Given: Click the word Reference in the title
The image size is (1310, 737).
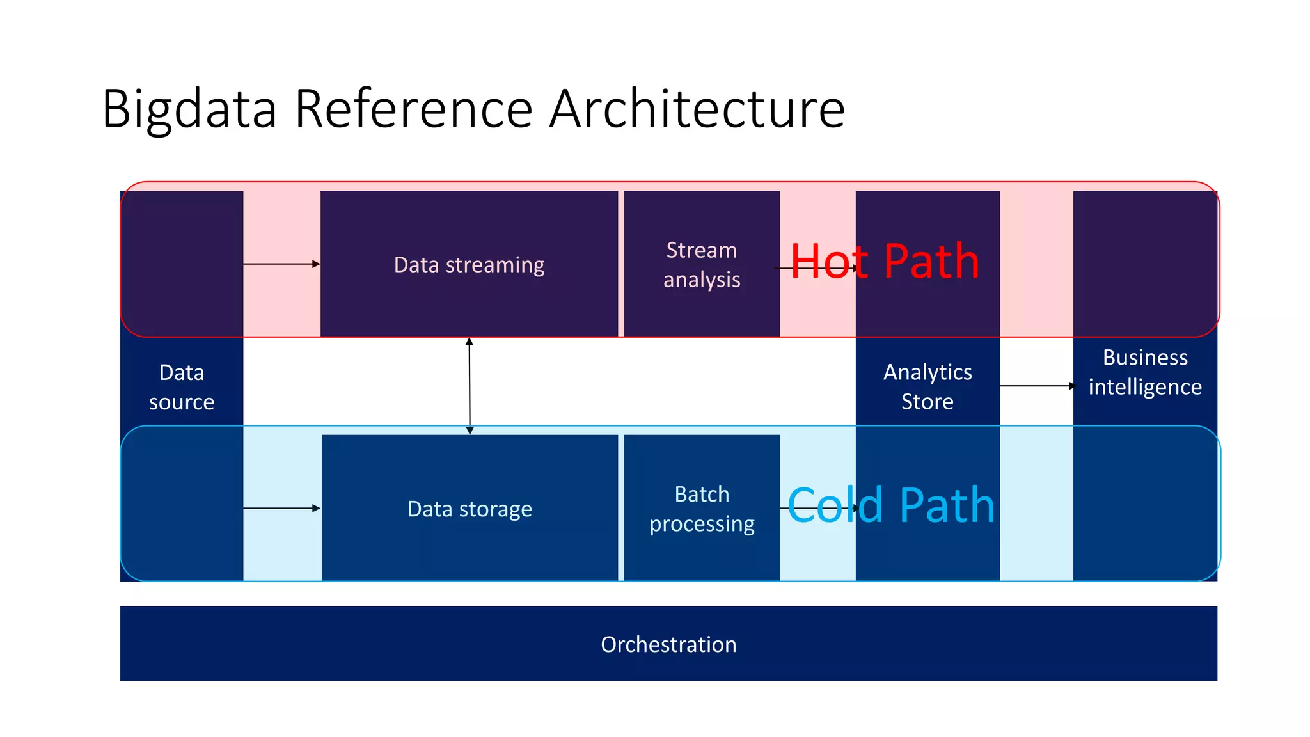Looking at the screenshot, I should pyautogui.click(x=413, y=109).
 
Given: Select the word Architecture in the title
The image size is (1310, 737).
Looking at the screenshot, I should pyautogui.click(x=697, y=109).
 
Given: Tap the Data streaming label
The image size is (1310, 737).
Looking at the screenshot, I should pyautogui.click(x=469, y=265).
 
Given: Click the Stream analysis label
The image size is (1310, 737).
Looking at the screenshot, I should pyautogui.click(x=702, y=265).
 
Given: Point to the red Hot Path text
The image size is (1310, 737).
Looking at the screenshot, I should pyautogui.click(x=885, y=262).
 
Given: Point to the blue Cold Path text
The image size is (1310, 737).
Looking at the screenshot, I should pyautogui.click(x=891, y=506).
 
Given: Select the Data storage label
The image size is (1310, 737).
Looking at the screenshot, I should pyautogui.click(x=470, y=509).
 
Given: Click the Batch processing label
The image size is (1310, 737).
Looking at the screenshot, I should pyautogui.click(x=702, y=509).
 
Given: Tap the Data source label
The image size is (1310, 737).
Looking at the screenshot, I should pyautogui.click(x=182, y=387).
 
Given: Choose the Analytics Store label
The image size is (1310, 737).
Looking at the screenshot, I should pyautogui.click(x=927, y=386).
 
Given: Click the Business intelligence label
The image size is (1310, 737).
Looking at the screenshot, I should pyautogui.click(x=1145, y=372).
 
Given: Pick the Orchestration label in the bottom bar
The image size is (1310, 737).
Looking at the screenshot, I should pyautogui.click(x=668, y=644).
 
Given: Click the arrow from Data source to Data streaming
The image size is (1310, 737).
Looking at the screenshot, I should pyautogui.click(x=281, y=264).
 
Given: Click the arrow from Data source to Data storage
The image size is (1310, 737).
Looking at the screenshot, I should pyautogui.click(x=281, y=508).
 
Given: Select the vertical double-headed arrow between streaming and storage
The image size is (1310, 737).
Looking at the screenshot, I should pyautogui.click(x=470, y=386).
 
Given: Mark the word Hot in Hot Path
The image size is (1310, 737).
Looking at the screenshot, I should pyautogui.click(x=829, y=262).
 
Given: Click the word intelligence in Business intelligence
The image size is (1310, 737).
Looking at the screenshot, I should pyautogui.click(x=1145, y=388).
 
